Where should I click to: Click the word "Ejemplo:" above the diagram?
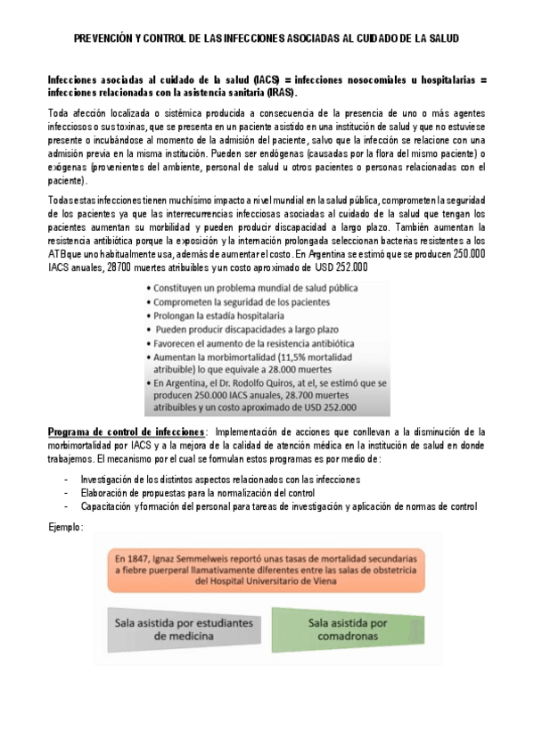pos(66,527)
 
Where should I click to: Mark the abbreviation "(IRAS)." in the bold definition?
pos(283,92)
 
